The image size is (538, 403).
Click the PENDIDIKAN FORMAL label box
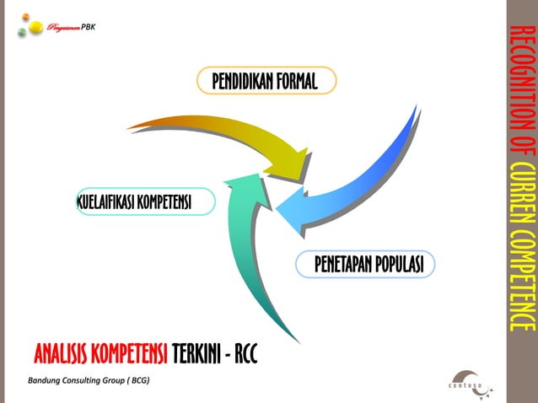pos(266,81)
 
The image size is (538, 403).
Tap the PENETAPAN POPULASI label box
pos(368,264)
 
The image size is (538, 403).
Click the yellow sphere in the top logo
pos(36,28)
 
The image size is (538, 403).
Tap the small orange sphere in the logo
pos(26,17)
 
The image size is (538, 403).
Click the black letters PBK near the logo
pos(90,26)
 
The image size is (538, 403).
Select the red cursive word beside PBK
pos(65,27)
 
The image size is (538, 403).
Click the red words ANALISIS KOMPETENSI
pos(100,352)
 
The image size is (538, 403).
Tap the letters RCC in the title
pos(243,352)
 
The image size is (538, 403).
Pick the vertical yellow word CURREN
pos(522,191)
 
